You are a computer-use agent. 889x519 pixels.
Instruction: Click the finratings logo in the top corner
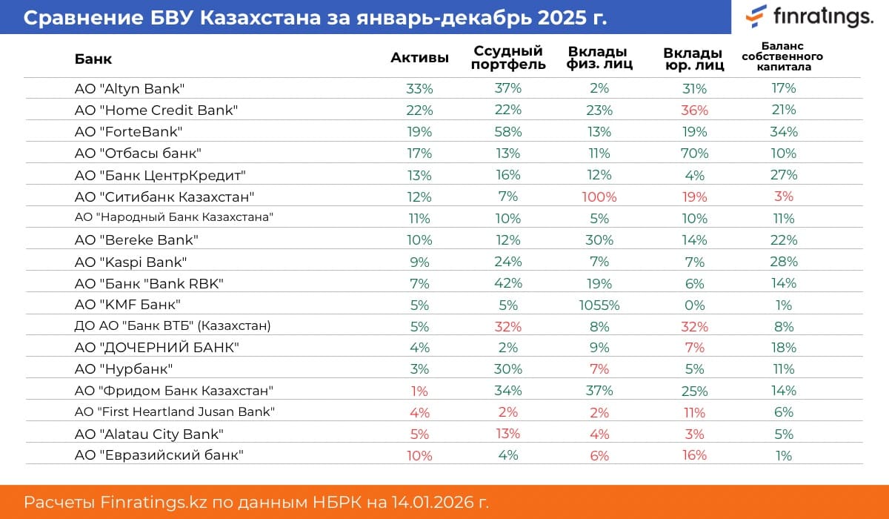coord(809,16)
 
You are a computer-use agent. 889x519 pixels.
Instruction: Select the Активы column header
coord(419,59)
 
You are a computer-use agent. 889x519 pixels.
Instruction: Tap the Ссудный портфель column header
coord(508,58)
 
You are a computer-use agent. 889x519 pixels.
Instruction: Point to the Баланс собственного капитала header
coord(782,56)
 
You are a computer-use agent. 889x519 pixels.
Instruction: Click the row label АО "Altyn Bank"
coord(129,88)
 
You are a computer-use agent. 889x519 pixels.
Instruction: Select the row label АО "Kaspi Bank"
coord(130,262)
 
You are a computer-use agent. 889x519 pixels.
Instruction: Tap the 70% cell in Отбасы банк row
coord(693,153)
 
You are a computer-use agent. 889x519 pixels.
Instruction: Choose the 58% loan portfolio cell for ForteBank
coord(508,132)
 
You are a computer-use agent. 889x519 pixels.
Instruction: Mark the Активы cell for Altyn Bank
coord(419,88)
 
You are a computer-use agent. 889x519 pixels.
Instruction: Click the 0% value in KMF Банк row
coord(693,305)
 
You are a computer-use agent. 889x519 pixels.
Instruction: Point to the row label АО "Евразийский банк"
coord(159,455)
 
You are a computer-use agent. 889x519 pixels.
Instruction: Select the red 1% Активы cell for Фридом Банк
coord(419,391)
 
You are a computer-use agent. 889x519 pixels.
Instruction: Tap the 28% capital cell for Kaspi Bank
coord(783,262)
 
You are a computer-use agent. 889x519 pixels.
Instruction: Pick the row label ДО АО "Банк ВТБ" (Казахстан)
coord(173,325)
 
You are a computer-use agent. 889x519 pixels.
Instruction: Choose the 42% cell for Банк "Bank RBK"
coord(508,283)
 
